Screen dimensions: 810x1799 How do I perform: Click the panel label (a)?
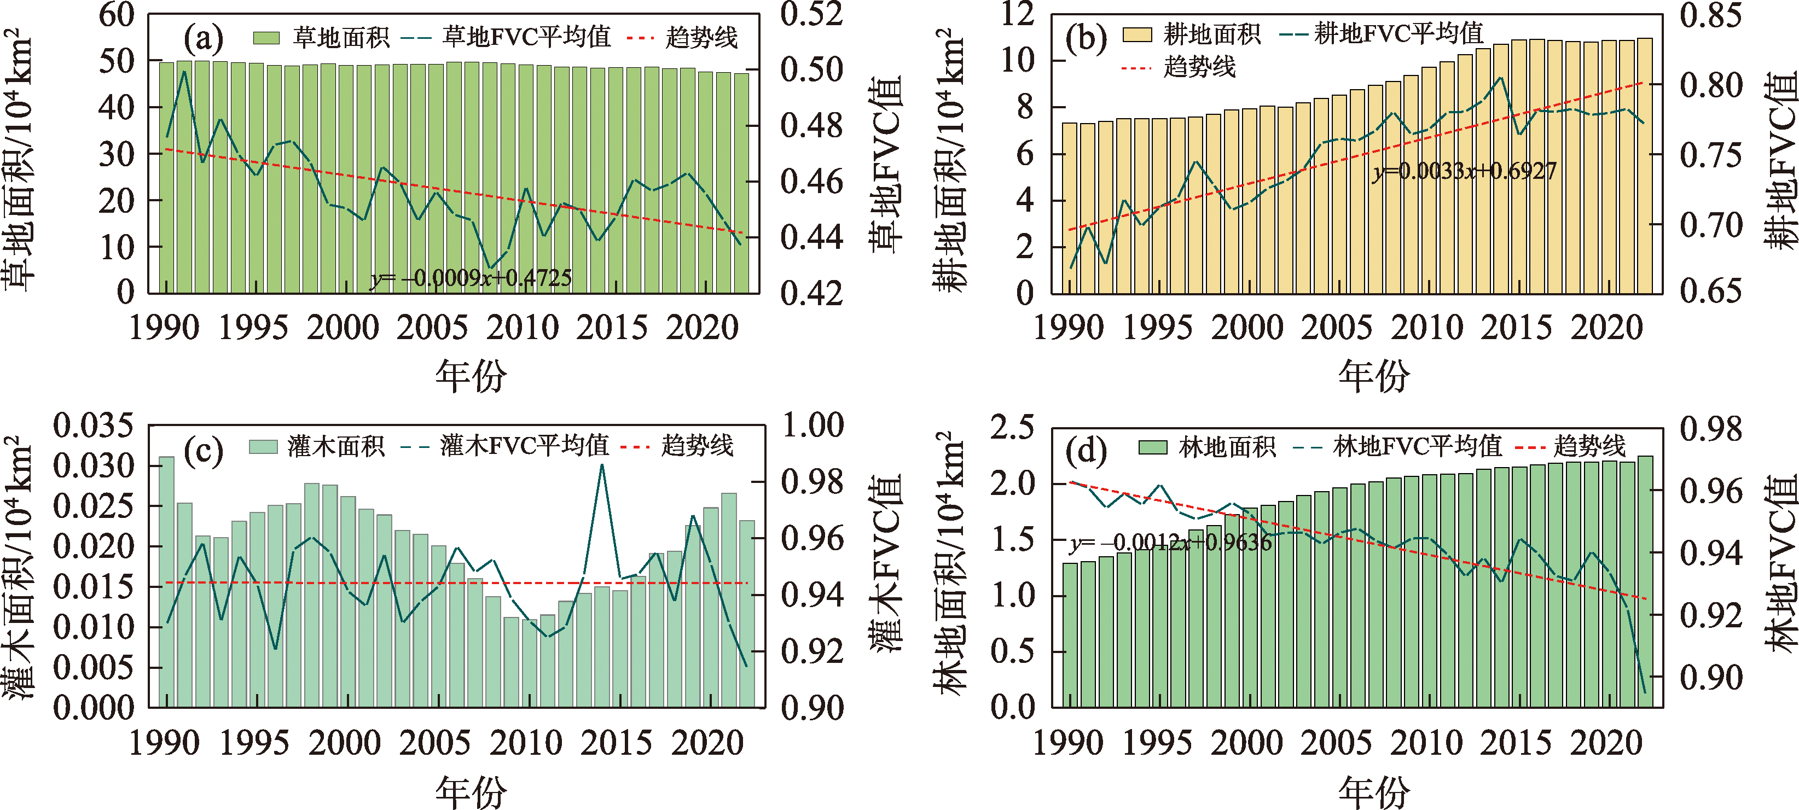(203, 38)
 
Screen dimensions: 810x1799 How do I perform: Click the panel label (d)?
(1086, 451)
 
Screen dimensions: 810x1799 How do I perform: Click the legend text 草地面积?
(340, 38)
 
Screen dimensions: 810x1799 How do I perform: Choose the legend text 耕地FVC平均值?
(1398, 33)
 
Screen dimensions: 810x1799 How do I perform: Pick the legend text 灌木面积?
(336, 446)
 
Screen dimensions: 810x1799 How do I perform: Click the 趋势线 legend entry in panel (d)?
(1589, 446)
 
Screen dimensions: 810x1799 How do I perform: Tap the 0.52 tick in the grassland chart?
(811, 14)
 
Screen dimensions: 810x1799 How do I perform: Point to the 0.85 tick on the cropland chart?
(1710, 15)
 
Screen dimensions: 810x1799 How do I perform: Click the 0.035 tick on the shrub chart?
(93, 426)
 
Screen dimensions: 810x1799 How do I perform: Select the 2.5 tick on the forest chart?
(1011, 427)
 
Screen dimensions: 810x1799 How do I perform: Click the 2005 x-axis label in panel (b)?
(1336, 328)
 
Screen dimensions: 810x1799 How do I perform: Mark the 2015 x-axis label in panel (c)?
(616, 743)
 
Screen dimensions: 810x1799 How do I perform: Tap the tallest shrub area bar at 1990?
(167, 580)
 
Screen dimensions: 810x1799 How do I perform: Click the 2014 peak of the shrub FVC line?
(602, 466)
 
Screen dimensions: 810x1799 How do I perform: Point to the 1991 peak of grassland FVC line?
(184, 72)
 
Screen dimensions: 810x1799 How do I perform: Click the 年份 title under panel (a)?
(471, 376)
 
